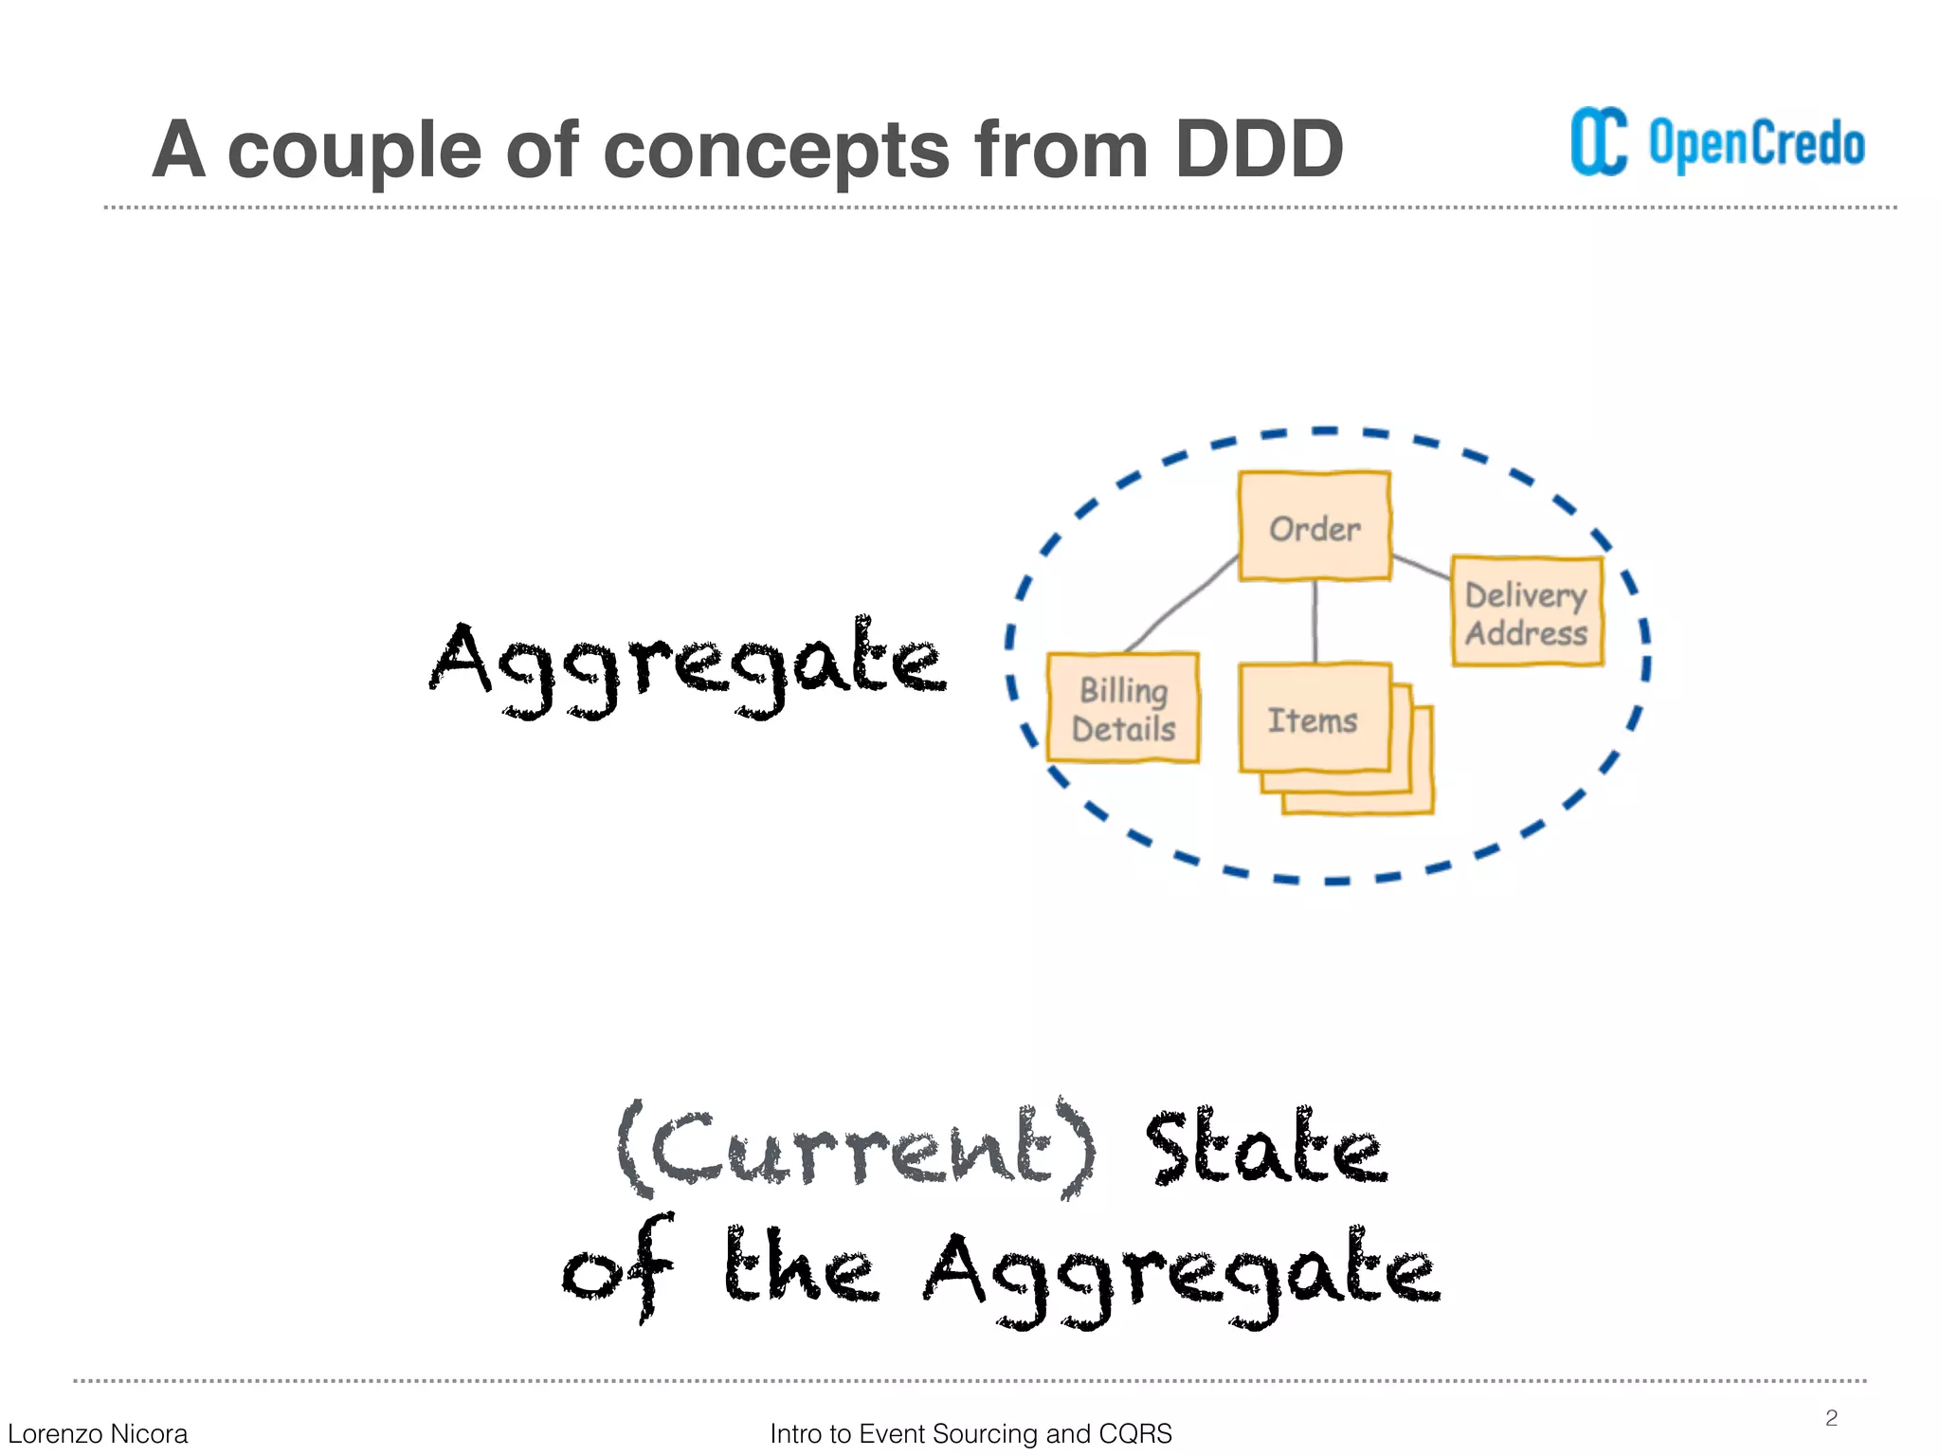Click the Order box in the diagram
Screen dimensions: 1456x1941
1315,526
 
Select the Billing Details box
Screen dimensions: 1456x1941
1123,708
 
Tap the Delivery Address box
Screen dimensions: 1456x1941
1527,612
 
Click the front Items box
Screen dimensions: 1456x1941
1314,719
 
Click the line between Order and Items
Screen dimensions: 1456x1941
1315,621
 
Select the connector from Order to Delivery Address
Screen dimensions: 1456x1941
1421,567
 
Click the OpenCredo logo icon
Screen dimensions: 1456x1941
1599,142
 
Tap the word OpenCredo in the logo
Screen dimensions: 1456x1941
1756,144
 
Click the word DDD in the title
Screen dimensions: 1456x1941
1258,150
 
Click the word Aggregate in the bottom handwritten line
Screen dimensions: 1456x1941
1180,1275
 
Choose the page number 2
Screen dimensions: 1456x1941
1831,1417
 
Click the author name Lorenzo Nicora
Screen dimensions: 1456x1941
98,1433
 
